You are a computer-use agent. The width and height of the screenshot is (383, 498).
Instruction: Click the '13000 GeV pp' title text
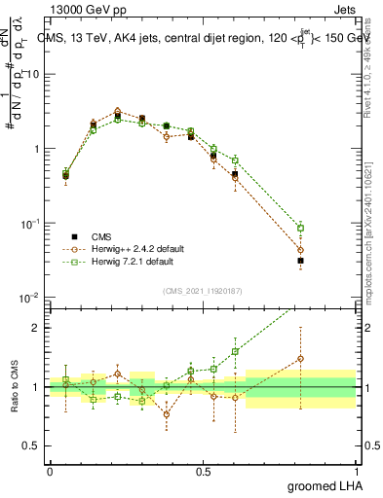pos(85,8)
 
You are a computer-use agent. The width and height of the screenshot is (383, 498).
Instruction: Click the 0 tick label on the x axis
pos(50,470)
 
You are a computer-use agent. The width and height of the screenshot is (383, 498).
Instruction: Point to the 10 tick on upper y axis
pos(33,75)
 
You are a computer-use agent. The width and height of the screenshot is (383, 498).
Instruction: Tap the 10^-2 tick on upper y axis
pos(29,298)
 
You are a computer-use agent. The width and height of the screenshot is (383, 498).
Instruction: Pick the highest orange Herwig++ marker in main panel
pos(117,112)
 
